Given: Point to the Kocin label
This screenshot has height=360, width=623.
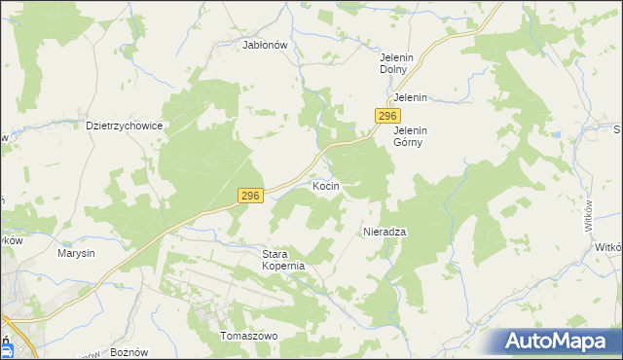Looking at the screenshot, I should click(325, 184).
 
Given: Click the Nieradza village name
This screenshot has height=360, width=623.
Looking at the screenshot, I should click(384, 232).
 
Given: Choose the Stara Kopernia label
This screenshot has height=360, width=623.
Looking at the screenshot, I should click(284, 259).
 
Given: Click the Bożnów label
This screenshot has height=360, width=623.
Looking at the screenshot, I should click(128, 350).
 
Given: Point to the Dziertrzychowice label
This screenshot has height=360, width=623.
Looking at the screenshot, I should click(124, 126).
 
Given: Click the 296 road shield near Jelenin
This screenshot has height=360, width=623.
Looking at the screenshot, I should click(385, 116).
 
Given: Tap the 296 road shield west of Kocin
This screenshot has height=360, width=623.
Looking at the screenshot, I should click(250, 197).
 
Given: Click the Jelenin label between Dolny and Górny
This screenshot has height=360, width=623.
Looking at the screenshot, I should click(411, 98).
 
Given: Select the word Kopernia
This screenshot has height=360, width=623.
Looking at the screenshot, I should click(284, 266).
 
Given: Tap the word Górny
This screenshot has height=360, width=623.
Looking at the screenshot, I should click(411, 142).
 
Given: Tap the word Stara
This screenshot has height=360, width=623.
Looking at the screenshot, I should click(279, 253).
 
